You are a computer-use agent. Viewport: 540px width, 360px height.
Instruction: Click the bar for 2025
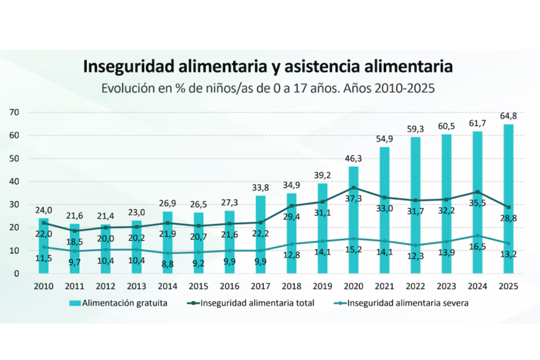click(508, 198)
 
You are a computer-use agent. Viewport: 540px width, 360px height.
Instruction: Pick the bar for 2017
click(261, 234)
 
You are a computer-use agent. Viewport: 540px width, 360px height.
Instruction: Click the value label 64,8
click(508, 116)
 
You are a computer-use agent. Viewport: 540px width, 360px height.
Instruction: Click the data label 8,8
click(167, 264)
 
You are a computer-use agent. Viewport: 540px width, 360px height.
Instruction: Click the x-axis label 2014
click(167, 286)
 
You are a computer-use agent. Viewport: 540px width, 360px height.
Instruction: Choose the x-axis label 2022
click(415, 286)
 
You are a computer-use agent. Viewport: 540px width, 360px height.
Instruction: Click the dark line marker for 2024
click(477, 192)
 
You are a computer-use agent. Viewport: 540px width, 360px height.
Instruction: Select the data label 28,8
click(508, 218)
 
